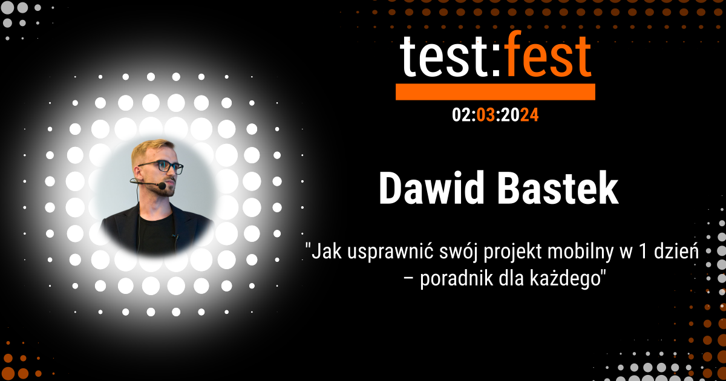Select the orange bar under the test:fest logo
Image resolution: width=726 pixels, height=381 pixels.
tap(495, 91)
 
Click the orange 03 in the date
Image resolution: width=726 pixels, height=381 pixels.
tap(486, 114)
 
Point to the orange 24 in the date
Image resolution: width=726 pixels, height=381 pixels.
tap(529, 114)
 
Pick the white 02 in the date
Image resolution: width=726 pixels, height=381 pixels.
tap(461, 114)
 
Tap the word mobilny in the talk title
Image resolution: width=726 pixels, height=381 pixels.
tap(569, 251)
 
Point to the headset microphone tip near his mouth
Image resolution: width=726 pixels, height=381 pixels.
tap(162, 186)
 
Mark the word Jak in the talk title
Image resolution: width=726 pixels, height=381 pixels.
tap(325, 251)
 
